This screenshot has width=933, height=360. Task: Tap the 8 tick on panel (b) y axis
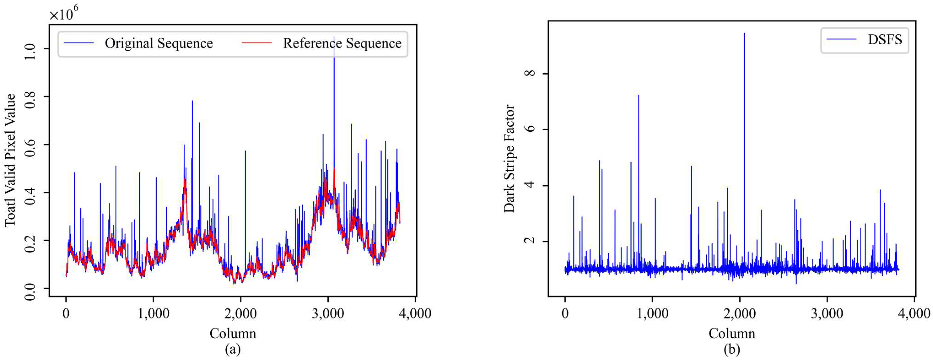pyautogui.click(x=530, y=73)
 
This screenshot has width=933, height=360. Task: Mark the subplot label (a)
pyautogui.click(x=233, y=349)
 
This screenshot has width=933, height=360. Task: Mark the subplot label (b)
pyautogui.click(x=732, y=349)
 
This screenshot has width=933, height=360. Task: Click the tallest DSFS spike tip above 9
pyautogui.click(x=744, y=34)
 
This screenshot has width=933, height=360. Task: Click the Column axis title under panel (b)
pyautogui.click(x=732, y=333)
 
